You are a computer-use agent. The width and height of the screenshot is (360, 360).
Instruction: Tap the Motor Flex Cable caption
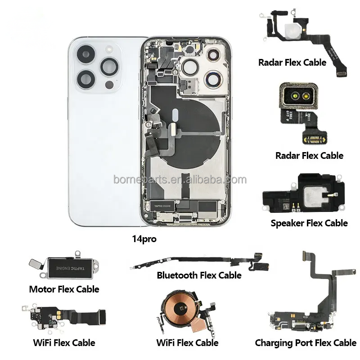pos(64,289)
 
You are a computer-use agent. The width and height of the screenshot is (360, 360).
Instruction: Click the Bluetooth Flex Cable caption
pos(199,275)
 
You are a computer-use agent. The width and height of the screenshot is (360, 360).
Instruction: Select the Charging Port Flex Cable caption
pos(306,343)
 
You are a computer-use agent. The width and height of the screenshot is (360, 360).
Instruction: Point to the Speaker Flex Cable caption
pos(309,223)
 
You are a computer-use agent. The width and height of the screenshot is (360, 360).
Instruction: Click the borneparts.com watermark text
pos(180,180)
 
